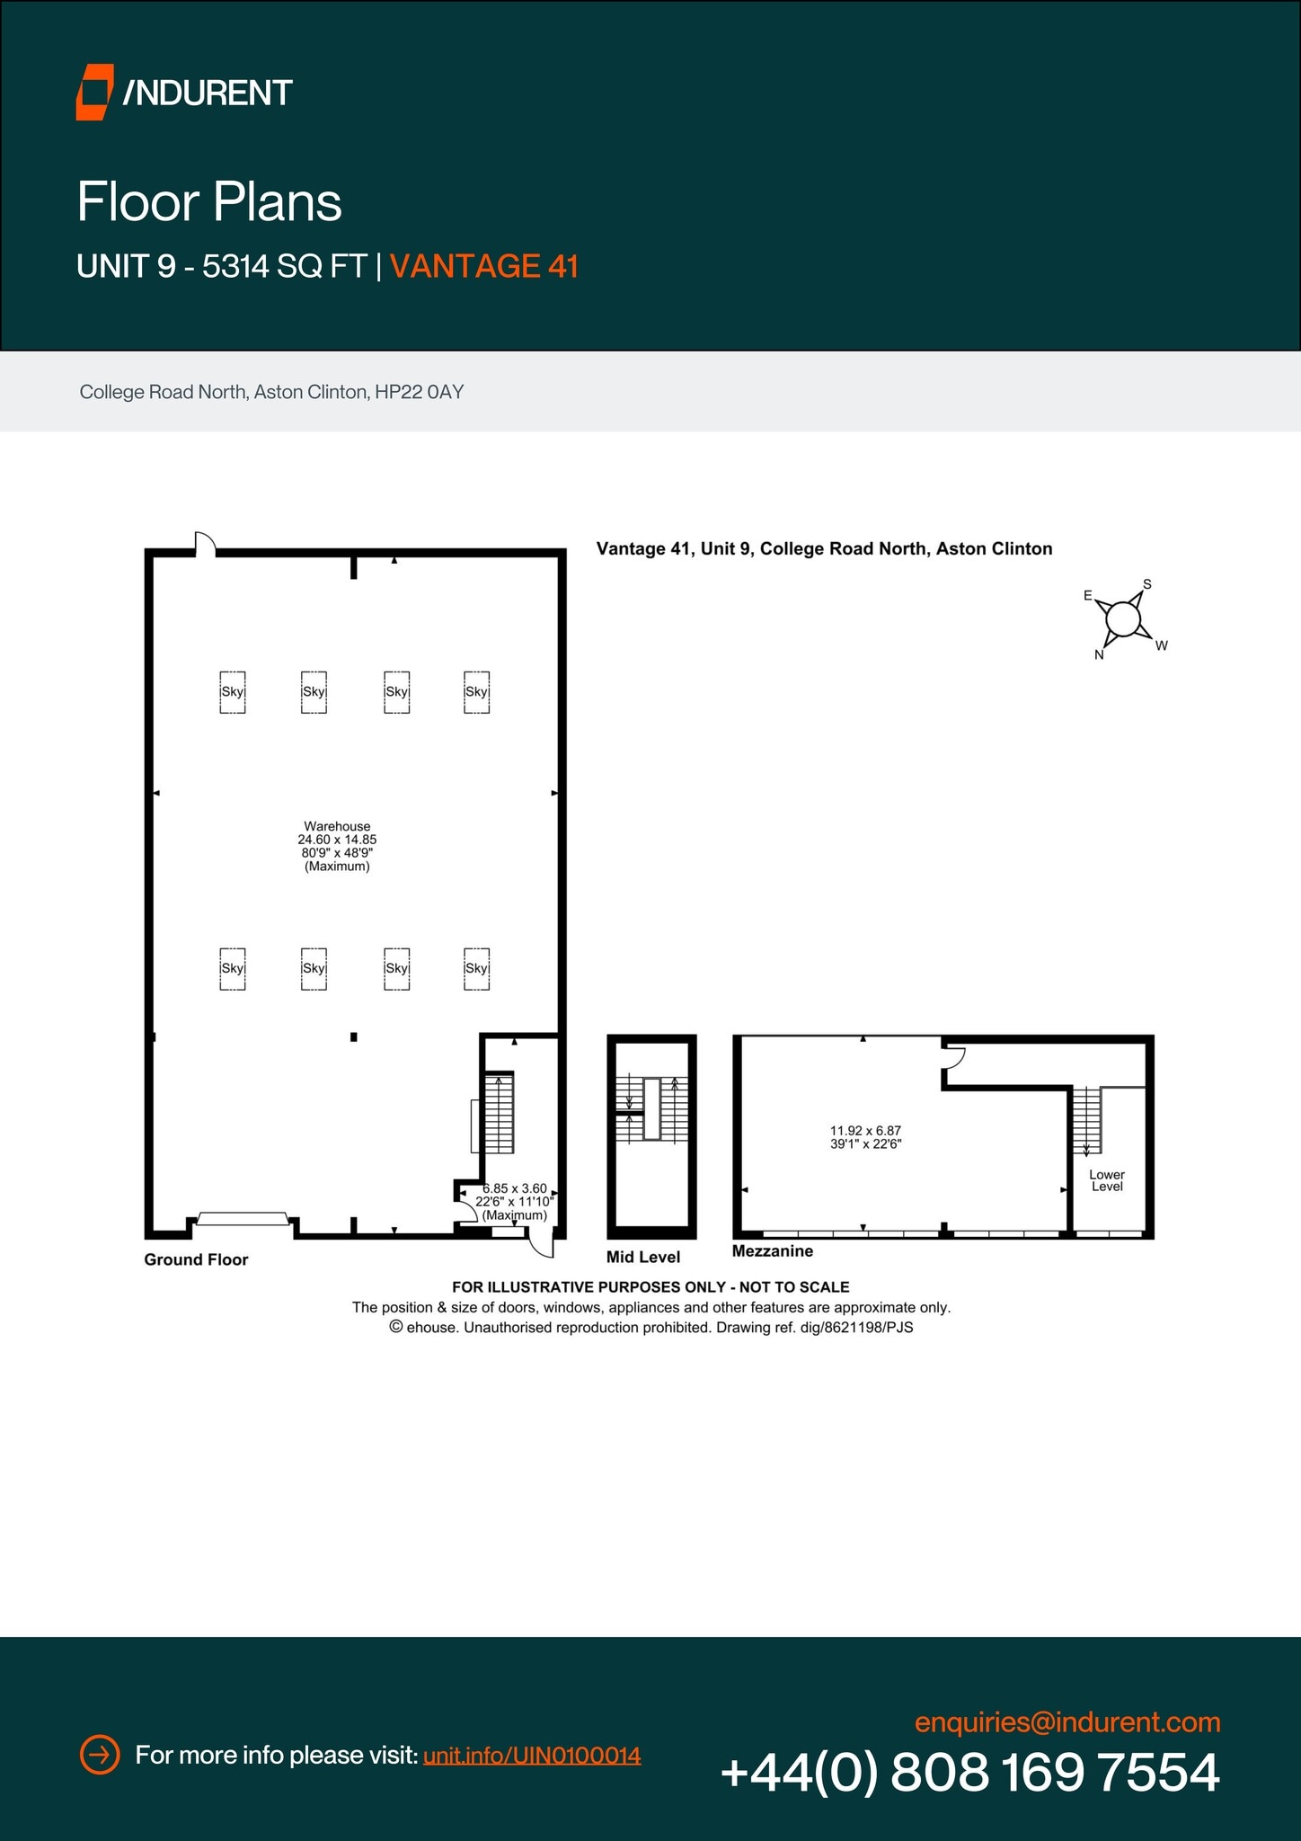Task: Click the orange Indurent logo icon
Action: click(94, 92)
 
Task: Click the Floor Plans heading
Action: click(209, 201)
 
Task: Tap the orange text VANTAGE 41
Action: click(483, 267)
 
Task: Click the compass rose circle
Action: click(1123, 619)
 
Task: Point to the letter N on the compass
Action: click(1099, 655)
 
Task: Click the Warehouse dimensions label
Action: click(337, 846)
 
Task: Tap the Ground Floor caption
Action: click(196, 1259)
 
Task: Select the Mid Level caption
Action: click(643, 1257)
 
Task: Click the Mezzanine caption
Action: click(773, 1251)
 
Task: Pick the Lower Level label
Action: click(1107, 1180)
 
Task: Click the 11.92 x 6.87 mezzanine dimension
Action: click(865, 1137)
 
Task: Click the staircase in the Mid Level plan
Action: click(652, 1107)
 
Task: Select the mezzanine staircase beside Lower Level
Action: click(1086, 1120)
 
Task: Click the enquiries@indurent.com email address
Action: click(1067, 1722)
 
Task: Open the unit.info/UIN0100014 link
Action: click(532, 1755)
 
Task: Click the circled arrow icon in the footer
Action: click(100, 1755)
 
